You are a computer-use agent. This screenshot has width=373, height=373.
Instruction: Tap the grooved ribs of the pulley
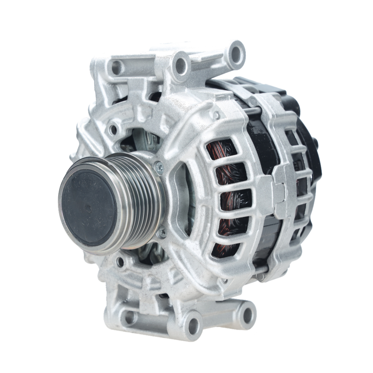[144, 201]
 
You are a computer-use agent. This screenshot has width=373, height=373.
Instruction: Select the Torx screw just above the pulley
[159, 167]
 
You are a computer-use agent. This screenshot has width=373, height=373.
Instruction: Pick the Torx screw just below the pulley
[162, 232]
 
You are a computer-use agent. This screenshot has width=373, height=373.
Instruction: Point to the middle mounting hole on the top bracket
[181, 66]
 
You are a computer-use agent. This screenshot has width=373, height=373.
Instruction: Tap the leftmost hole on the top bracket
[116, 68]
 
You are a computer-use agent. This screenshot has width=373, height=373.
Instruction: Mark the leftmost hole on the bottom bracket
[129, 317]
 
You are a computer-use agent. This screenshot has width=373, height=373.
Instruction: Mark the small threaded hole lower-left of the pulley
[120, 262]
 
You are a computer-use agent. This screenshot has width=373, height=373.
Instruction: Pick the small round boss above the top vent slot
[216, 115]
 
